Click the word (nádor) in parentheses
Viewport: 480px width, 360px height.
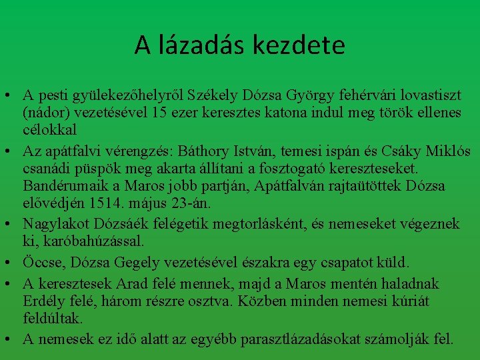pyautogui.click(x=44, y=113)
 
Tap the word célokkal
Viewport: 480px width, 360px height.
pyautogui.click(x=49, y=129)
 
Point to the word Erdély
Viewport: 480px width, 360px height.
pyautogui.click(x=43, y=301)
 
